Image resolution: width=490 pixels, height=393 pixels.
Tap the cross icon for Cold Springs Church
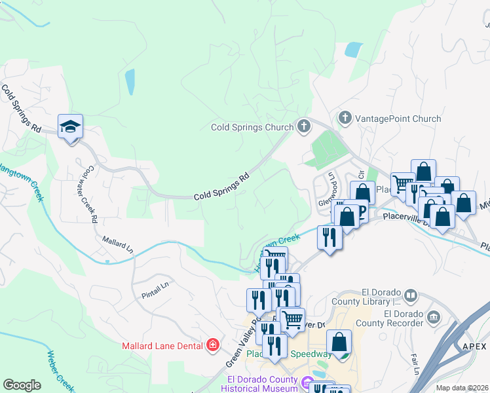303,126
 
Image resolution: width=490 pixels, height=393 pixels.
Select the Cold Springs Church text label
252,127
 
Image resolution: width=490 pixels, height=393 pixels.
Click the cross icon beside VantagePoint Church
345,119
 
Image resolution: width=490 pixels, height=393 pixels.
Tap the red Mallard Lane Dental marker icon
212,345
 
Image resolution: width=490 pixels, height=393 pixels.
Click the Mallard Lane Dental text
162,345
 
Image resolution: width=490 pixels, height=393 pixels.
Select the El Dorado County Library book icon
411,297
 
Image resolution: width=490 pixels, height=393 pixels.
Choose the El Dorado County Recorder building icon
434,318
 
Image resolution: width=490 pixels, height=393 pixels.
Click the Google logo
22,385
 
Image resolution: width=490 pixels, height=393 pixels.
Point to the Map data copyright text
462,388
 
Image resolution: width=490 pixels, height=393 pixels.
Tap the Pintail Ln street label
155,291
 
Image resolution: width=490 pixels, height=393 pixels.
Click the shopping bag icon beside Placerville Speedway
339,343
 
